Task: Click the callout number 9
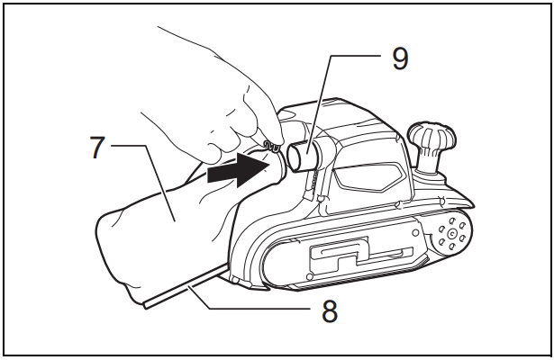[399, 58]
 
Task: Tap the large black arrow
[237, 171]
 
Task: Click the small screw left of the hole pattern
[415, 232]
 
